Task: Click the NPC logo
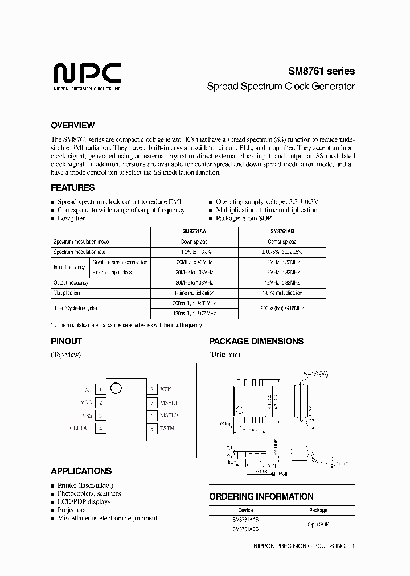tap(87, 75)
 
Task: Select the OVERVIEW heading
tap(72, 125)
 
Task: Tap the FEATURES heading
tap(72, 187)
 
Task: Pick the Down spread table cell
tap(194, 241)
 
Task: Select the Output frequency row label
tap(71, 282)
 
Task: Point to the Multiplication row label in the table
tap(67, 293)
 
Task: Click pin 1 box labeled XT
tap(100, 390)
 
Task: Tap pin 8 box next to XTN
tap(152, 390)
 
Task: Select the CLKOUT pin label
tap(81, 429)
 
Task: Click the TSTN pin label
tap(167, 429)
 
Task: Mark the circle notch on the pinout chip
tap(116, 389)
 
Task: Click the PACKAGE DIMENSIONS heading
tap(256, 341)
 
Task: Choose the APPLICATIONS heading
tap(81, 471)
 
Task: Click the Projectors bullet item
tap(73, 510)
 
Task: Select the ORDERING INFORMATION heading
tap(261, 496)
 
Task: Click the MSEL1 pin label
tap(169, 402)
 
